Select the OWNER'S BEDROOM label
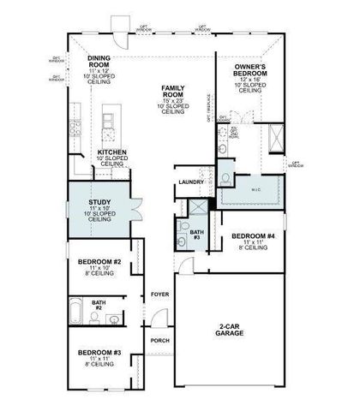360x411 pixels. (x=249, y=70)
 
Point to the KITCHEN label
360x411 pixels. (x=111, y=152)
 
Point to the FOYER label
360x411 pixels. (x=159, y=294)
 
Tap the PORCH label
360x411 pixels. (x=159, y=340)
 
